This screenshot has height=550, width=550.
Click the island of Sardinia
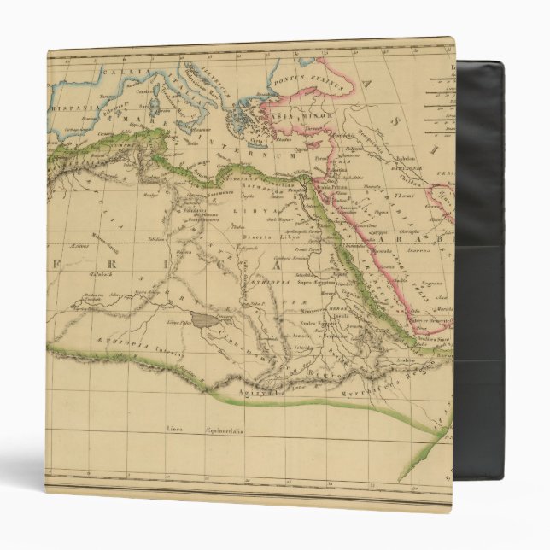click(155, 110)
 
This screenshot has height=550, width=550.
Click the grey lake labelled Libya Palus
click(205, 319)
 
